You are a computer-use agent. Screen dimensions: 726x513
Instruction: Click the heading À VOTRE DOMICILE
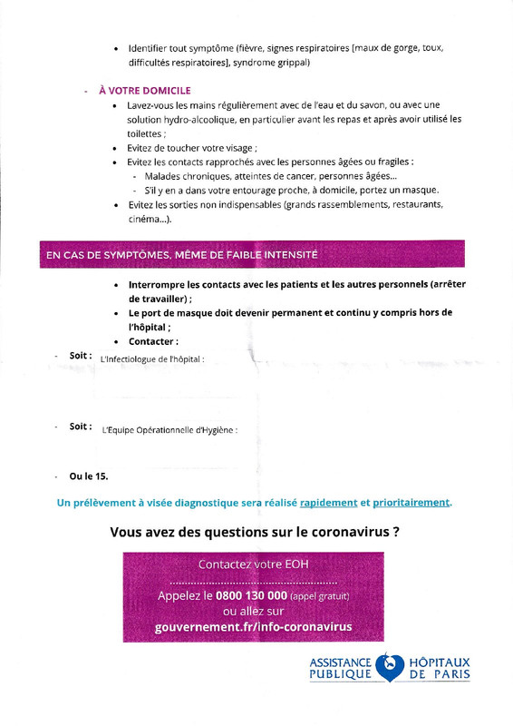click(144, 92)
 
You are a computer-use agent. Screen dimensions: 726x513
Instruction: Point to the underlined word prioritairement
click(411, 502)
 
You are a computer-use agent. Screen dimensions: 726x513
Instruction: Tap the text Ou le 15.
click(89, 475)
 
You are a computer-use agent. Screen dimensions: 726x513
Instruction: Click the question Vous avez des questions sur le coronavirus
click(255, 533)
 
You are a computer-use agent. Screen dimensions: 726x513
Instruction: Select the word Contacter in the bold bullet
click(153, 341)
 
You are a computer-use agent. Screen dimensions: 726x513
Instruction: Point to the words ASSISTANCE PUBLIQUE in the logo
click(341, 669)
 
